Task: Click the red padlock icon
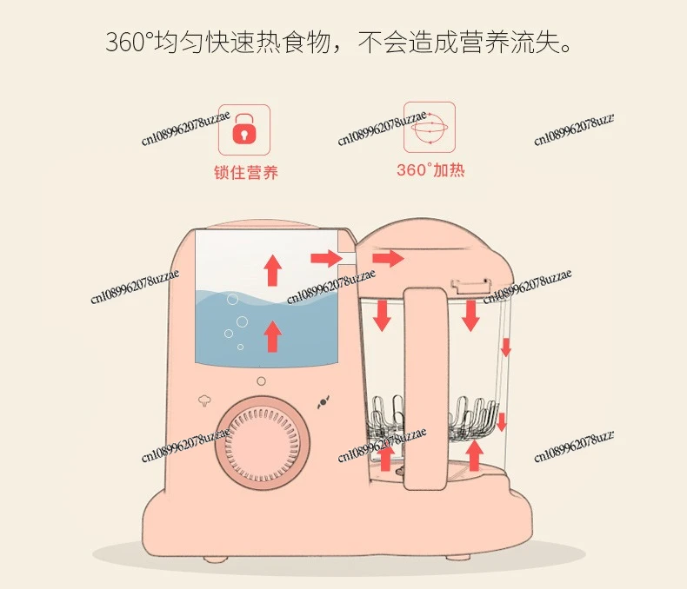[244, 129]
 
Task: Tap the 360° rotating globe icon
[430, 128]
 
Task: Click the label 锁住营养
[246, 172]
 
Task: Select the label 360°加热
[430, 169]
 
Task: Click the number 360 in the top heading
[126, 43]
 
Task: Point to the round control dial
[263, 443]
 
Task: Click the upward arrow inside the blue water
[272, 336]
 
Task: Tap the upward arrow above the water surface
[272, 270]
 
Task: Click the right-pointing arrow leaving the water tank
[326, 258]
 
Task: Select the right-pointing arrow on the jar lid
[388, 258]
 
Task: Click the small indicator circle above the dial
[261, 381]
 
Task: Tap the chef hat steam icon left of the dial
[204, 400]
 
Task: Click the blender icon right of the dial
[323, 402]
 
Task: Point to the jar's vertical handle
[425, 388]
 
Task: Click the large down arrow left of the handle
[382, 315]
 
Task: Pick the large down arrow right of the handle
[471, 315]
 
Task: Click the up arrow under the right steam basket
[474, 455]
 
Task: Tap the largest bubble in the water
[242, 322]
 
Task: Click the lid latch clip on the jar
[470, 286]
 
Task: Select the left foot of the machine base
[216, 559]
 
